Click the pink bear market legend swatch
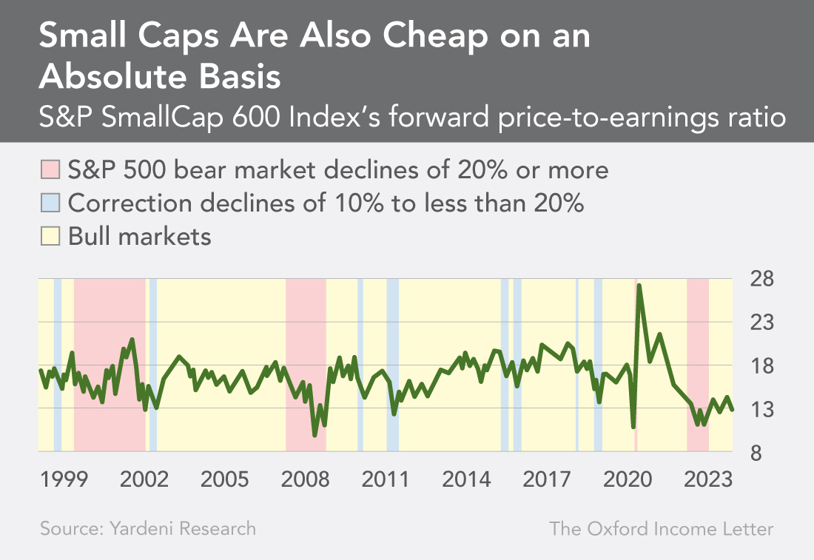(x=50, y=170)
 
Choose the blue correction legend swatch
(x=50, y=203)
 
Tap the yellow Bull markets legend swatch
(x=50, y=237)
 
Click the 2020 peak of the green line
(x=639, y=285)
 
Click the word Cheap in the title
(x=403, y=38)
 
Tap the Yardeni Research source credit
(x=148, y=529)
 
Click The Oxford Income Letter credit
(x=661, y=529)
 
